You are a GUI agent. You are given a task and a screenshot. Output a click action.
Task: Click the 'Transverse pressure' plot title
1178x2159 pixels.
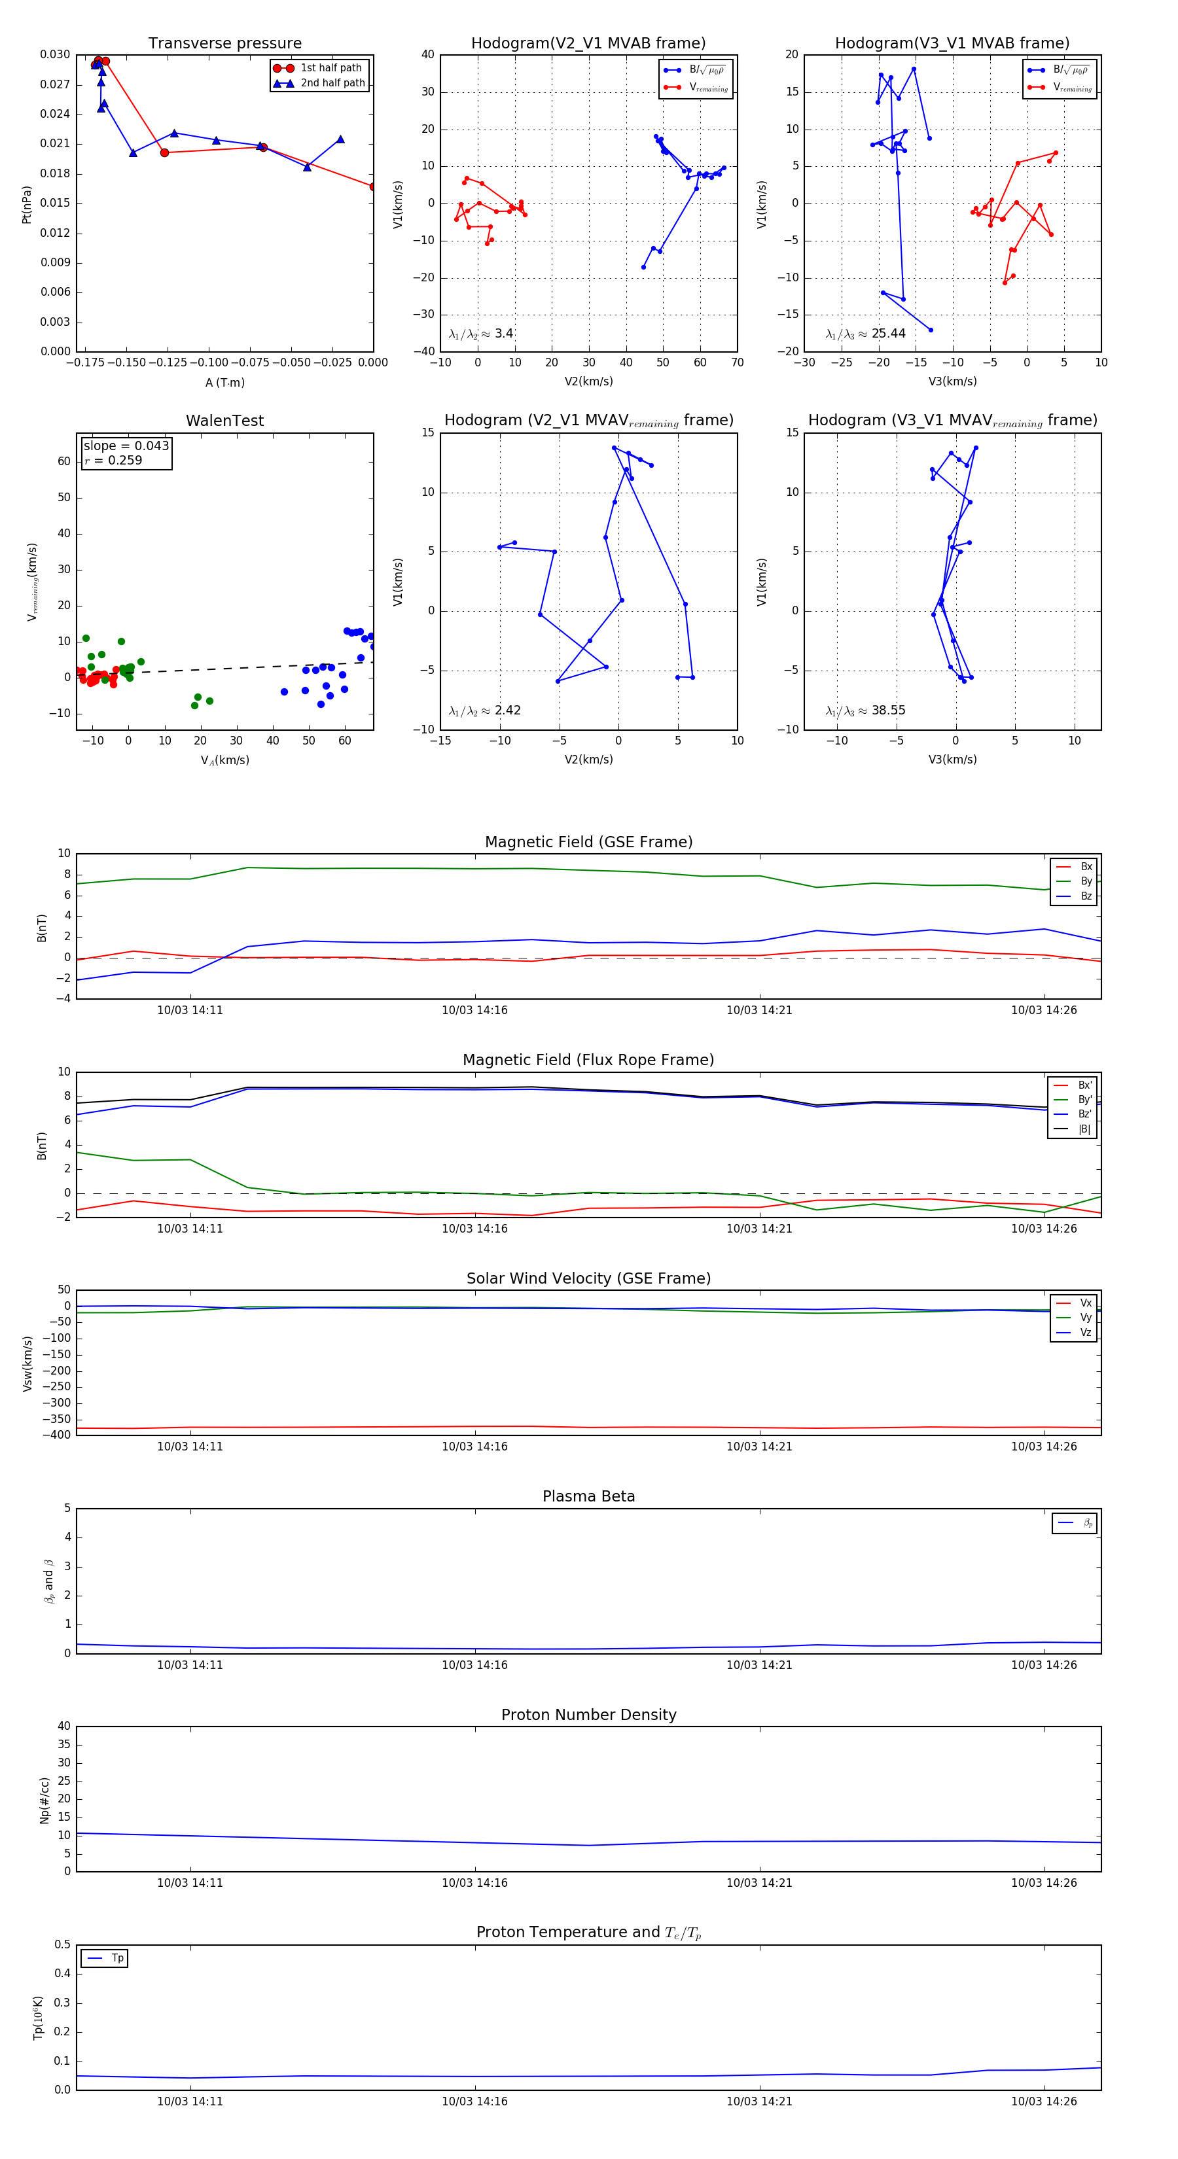[x=224, y=44]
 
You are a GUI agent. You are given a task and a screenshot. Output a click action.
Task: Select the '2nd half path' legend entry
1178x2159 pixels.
[x=332, y=83]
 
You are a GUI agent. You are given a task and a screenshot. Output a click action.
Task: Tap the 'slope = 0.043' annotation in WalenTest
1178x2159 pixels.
[x=126, y=446]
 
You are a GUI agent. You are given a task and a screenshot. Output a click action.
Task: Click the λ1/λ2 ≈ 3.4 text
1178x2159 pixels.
[x=480, y=334]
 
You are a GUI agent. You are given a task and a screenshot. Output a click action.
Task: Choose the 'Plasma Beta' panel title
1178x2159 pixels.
[x=588, y=1496]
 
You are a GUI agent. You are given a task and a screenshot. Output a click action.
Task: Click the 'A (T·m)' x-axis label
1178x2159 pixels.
[x=224, y=383]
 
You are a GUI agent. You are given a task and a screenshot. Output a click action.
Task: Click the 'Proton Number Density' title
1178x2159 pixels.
[x=588, y=1714]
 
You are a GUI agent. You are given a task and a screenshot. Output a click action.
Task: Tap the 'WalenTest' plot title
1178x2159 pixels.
[x=224, y=421]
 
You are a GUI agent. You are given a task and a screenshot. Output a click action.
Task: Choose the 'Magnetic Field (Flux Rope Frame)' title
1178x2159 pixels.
[x=588, y=1061]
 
